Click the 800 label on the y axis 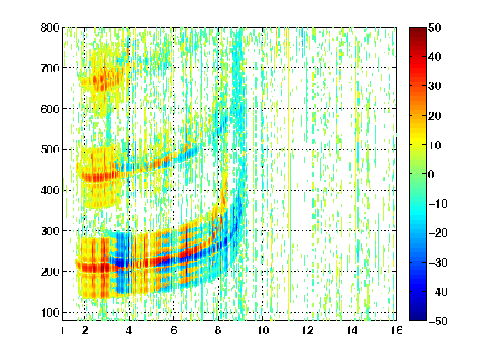point(50,27)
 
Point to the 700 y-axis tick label point(50,68)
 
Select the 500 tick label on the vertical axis point(50,150)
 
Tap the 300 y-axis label point(50,231)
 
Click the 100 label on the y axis point(50,312)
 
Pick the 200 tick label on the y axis point(50,272)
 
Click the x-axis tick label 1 point(62,330)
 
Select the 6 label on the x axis point(174,330)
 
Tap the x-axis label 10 point(263,330)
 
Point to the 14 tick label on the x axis point(352,330)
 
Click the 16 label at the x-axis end point(397,330)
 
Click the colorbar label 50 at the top point(435,27)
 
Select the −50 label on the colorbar point(438,321)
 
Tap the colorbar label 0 point(432,174)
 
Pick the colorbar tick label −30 point(438,262)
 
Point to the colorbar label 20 point(435,116)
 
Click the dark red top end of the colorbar point(417,29)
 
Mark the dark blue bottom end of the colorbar point(417,318)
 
